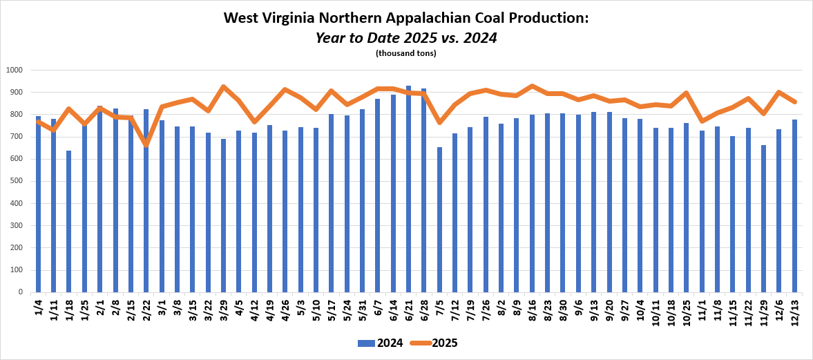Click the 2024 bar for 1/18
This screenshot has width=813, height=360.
69,221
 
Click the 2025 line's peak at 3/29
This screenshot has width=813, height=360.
223,87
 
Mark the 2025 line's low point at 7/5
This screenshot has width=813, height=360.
439,122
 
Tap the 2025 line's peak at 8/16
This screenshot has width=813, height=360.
532,86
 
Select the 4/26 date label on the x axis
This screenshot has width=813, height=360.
285,305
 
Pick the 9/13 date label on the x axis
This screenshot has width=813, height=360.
594,305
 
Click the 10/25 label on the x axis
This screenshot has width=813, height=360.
687,307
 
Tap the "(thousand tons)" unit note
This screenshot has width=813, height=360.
406,53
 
